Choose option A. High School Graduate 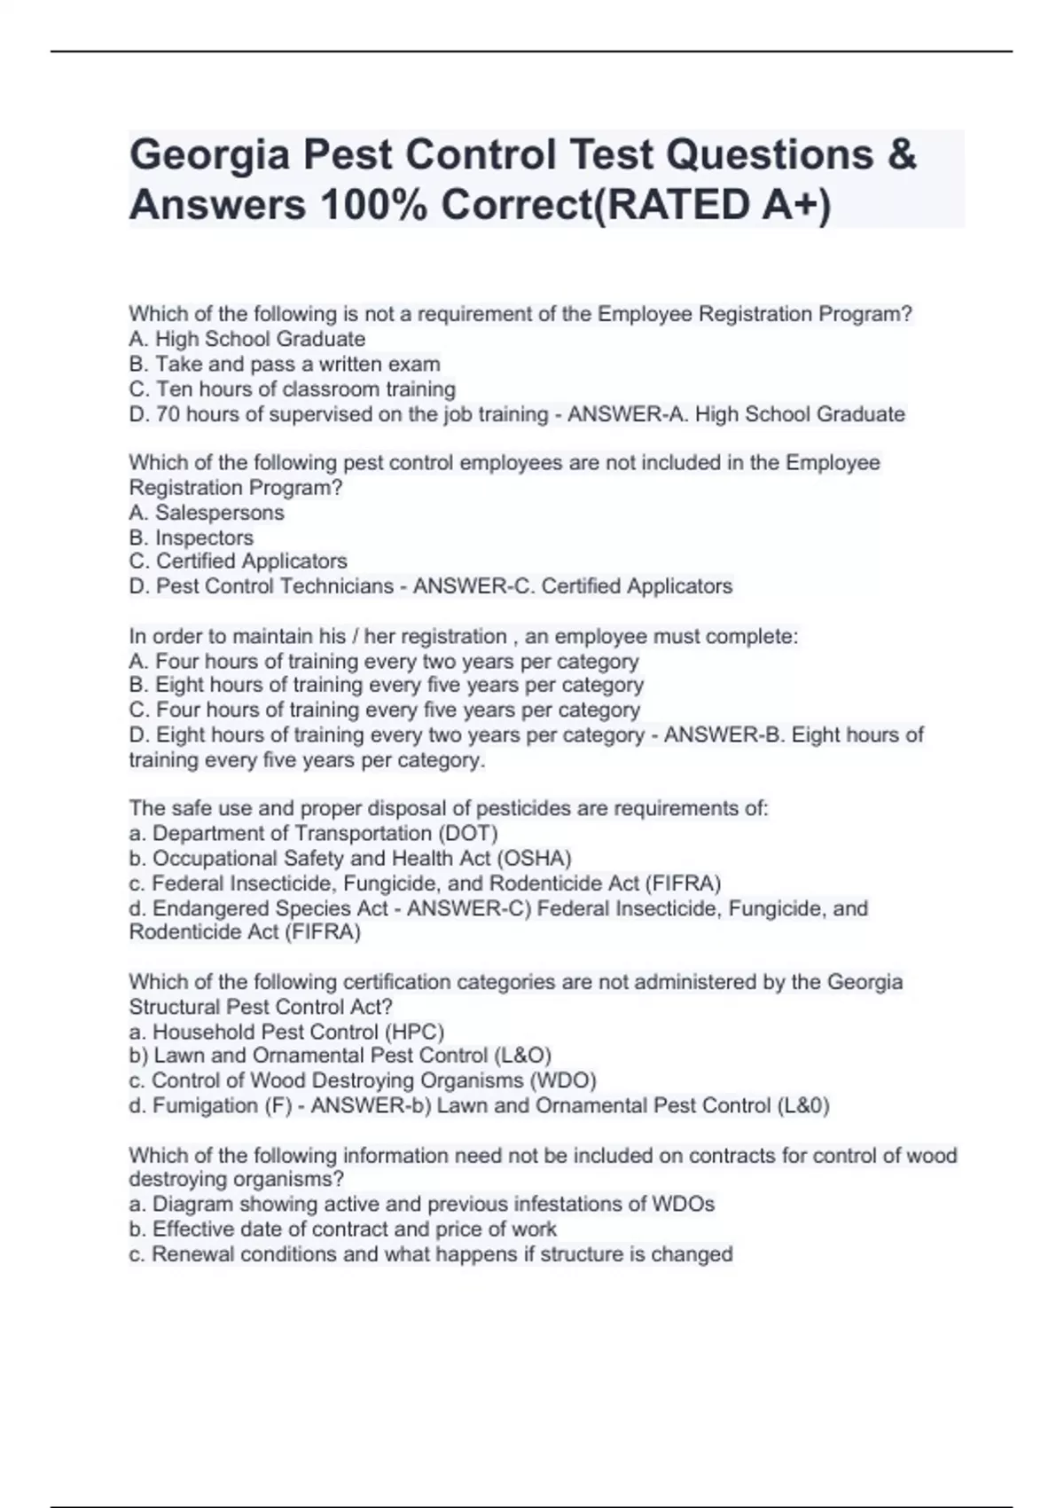pyautogui.click(x=247, y=339)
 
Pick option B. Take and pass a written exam pyautogui.click(x=285, y=364)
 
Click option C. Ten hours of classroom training pyautogui.click(x=293, y=389)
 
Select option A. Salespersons pyautogui.click(x=207, y=512)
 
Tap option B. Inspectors pyautogui.click(x=192, y=538)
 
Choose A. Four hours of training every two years pyautogui.click(x=384, y=661)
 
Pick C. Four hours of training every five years pyautogui.click(x=385, y=710)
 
